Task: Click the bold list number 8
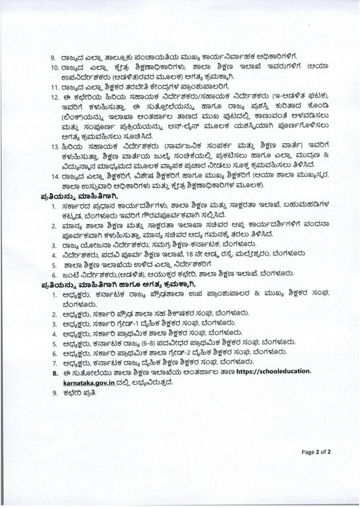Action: click(x=56, y=371)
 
